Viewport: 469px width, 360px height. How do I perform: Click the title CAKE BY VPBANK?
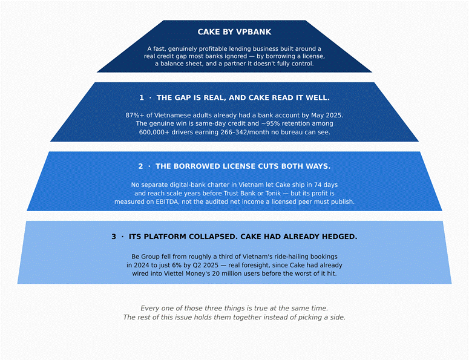(x=235, y=32)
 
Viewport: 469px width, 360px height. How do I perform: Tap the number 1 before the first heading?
(x=142, y=98)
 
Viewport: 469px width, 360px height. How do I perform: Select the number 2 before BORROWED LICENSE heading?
(x=140, y=166)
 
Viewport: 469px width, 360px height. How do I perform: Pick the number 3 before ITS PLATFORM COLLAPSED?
(x=114, y=237)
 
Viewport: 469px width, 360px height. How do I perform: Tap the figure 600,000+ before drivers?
(x=154, y=132)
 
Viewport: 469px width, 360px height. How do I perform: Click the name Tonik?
(x=272, y=193)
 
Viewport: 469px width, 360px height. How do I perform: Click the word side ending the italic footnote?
(x=338, y=317)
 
